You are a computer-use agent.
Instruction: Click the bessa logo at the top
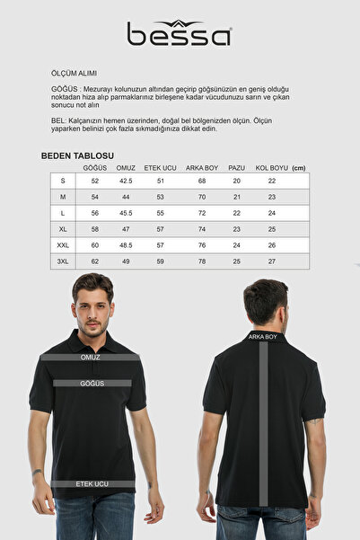[180, 34]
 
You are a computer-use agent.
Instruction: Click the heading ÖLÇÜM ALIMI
[74, 73]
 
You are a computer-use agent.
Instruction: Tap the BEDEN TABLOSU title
[77, 155]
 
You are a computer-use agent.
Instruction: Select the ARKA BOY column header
[202, 168]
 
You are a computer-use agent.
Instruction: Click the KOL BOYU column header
[271, 168]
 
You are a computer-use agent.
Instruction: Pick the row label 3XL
[63, 261]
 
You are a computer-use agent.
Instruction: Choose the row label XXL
[63, 244]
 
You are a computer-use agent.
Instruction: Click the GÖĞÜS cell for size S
[95, 181]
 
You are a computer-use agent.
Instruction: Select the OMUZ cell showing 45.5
[126, 213]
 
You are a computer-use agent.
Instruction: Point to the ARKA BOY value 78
[202, 261]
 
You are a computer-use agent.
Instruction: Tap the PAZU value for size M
[237, 197]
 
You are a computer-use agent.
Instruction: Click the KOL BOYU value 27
[271, 261]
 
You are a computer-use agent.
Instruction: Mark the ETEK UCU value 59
[161, 261]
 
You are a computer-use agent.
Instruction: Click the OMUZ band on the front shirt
[91, 357]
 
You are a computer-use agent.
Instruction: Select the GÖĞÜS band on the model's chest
[92, 383]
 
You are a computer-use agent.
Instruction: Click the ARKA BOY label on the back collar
[263, 337]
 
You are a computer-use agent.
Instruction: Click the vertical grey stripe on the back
[263, 422]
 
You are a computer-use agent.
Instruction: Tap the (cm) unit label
[299, 168]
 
